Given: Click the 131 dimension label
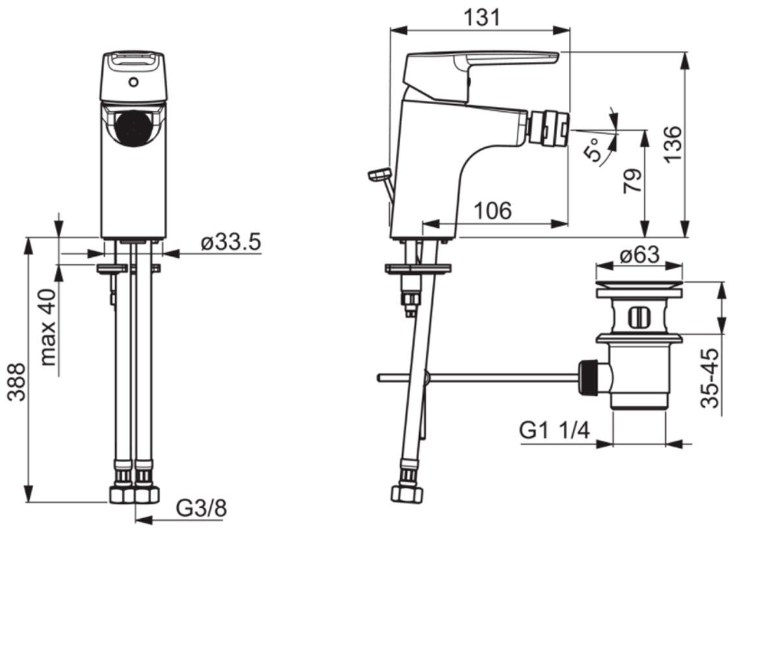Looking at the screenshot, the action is click(x=482, y=18).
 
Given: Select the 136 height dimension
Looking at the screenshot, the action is click(x=673, y=145).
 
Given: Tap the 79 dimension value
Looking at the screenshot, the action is click(x=633, y=181).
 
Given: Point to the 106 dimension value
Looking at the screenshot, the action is click(x=493, y=211).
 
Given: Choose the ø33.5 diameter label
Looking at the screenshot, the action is click(x=231, y=242).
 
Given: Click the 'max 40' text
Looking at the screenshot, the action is click(x=49, y=327).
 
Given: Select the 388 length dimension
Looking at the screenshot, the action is click(x=17, y=382).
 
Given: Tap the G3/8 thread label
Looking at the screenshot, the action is click(x=201, y=508).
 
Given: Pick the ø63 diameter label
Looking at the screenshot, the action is click(x=639, y=255).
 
